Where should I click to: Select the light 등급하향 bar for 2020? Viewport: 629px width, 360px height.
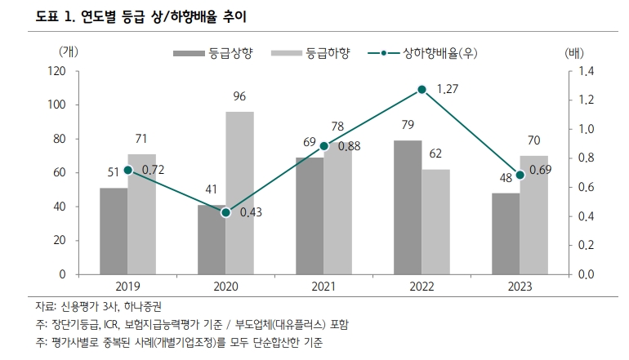click(239, 193)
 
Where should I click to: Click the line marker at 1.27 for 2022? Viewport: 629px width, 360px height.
click(422, 89)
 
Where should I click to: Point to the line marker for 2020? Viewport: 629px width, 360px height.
click(225, 212)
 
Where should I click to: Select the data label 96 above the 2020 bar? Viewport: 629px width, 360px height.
click(239, 97)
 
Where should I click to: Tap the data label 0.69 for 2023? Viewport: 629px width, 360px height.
click(540, 170)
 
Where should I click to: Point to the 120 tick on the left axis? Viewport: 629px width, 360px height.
click(56, 71)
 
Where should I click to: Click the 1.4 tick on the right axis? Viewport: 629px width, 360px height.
click(587, 71)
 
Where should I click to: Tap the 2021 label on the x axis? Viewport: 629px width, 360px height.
click(323, 287)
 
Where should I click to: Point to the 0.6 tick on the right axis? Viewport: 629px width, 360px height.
click(587, 188)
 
